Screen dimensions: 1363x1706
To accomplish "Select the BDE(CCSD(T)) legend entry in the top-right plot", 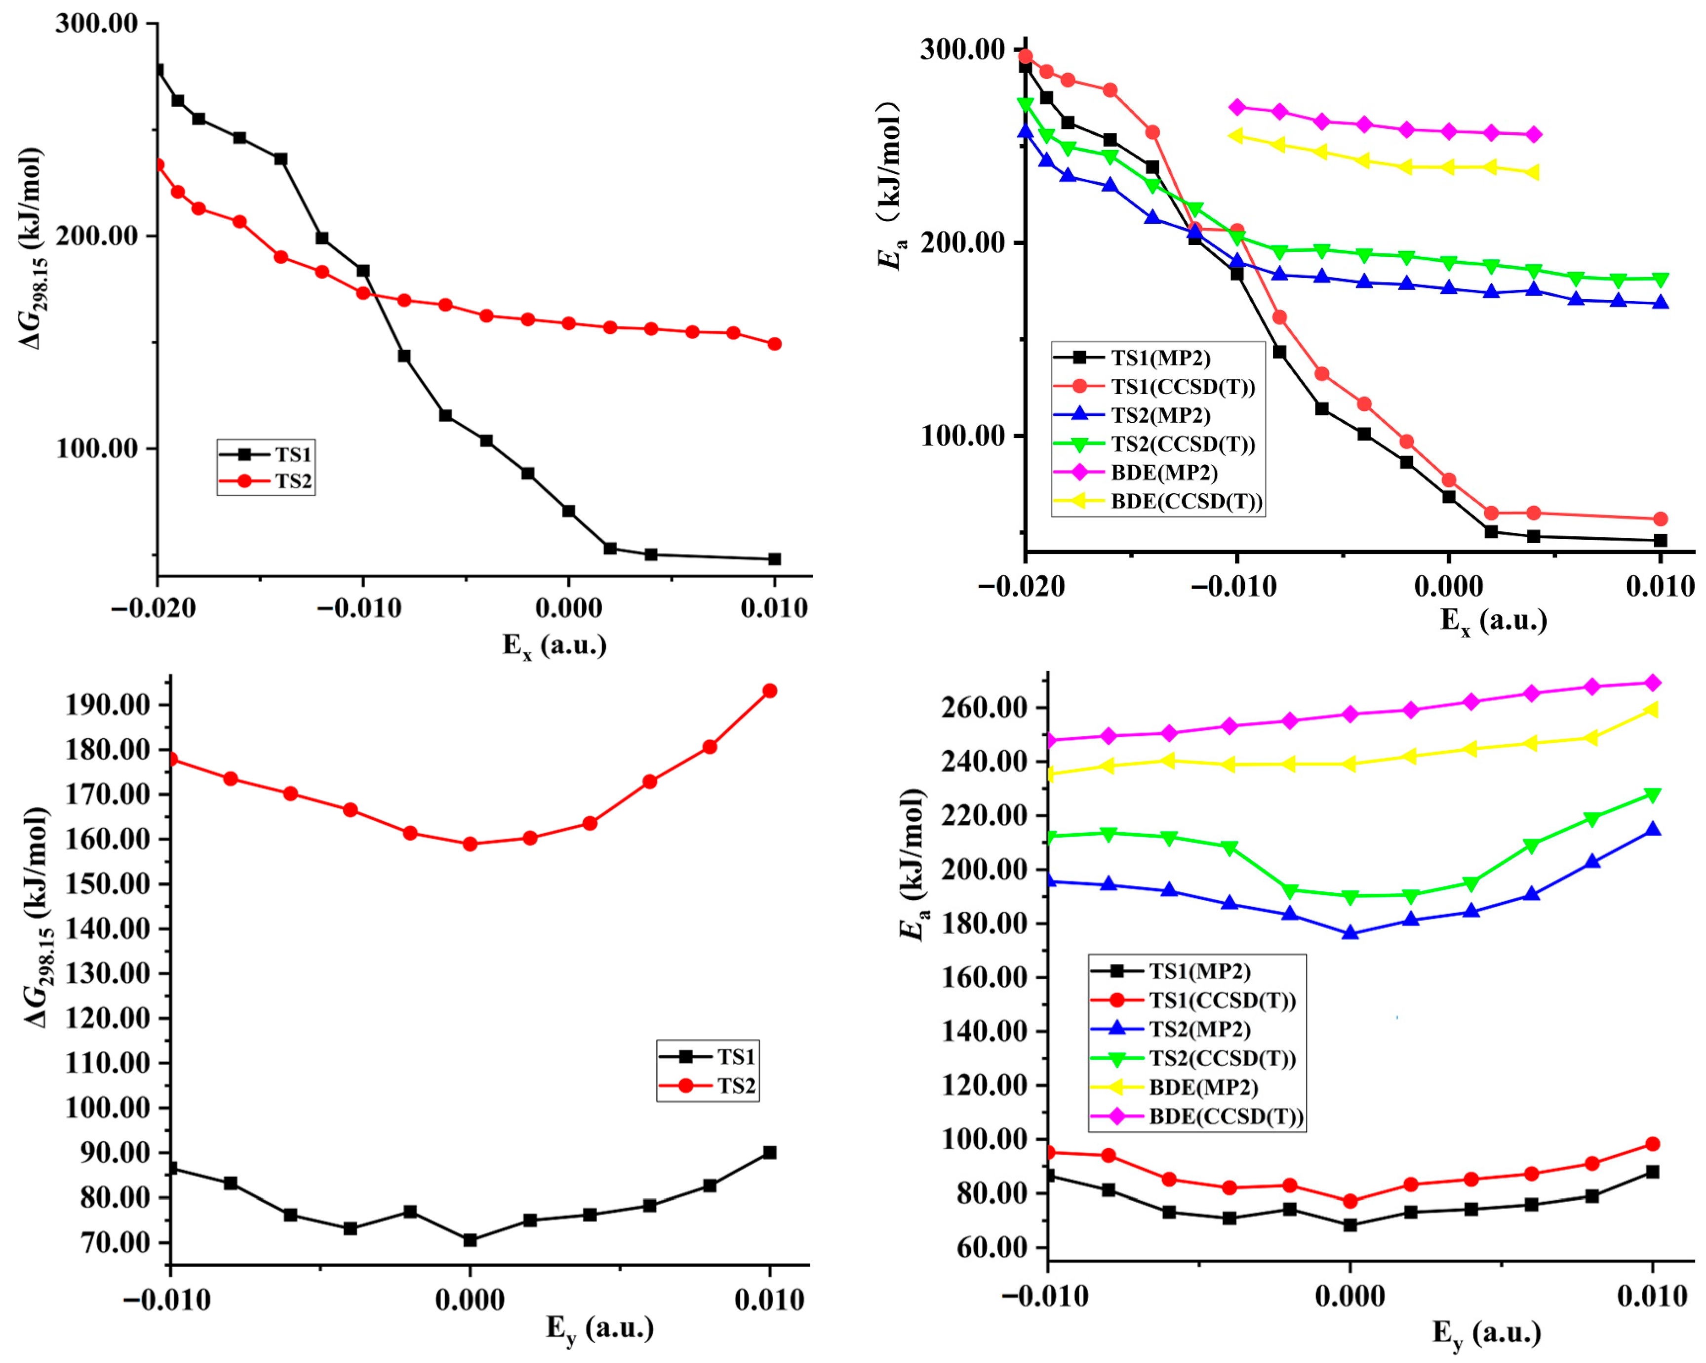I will pyautogui.click(x=1186, y=502).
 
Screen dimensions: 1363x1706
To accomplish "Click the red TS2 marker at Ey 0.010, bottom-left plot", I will pyautogui.click(x=769, y=691).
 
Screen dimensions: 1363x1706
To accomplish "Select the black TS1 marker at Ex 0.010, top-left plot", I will pyautogui.click(x=775, y=559).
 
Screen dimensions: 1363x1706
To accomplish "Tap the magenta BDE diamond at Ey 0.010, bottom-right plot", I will pyautogui.click(x=1652, y=683).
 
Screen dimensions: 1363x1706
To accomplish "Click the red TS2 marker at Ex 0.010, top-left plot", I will pyautogui.click(x=775, y=344).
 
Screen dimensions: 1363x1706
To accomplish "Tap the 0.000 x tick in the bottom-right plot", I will pyautogui.click(x=1350, y=1296).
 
